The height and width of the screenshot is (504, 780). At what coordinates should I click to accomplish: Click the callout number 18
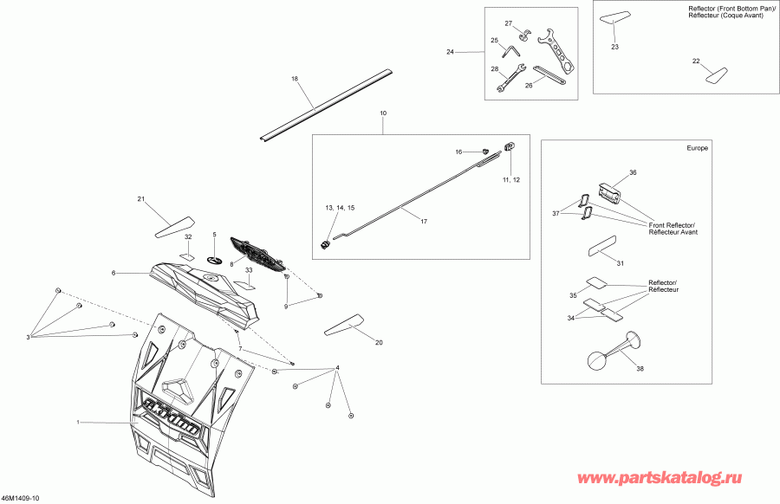pyautogui.click(x=295, y=79)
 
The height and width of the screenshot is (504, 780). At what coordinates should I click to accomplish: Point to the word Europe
pyautogui.click(x=697, y=148)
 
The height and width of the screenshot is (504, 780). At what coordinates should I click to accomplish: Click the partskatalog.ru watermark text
pyautogui.click(x=660, y=478)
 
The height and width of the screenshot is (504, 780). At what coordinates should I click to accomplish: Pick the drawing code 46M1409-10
pyautogui.click(x=21, y=498)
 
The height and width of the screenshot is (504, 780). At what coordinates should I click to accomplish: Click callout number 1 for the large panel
pyautogui.click(x=78, y=422)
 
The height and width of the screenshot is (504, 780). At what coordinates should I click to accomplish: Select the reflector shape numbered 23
pyautogui.click(x=613, y=18)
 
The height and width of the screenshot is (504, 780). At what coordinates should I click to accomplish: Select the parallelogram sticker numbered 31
pyautogui.click(x=601, y=246)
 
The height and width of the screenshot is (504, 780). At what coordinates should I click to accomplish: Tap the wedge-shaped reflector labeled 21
pyautogui.click(x=174, y=227)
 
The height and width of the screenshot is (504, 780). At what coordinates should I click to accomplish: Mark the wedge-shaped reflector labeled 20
pyautogui.click(x=342, y=325)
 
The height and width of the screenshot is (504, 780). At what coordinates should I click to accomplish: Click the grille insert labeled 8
pyautogui.click(x=257, y=254)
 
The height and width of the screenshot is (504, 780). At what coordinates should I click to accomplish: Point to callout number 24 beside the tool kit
pyautogui.click(x=450, y=52)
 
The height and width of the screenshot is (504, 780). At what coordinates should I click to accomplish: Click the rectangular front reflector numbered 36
pyautogui.click(x=610, y=191)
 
